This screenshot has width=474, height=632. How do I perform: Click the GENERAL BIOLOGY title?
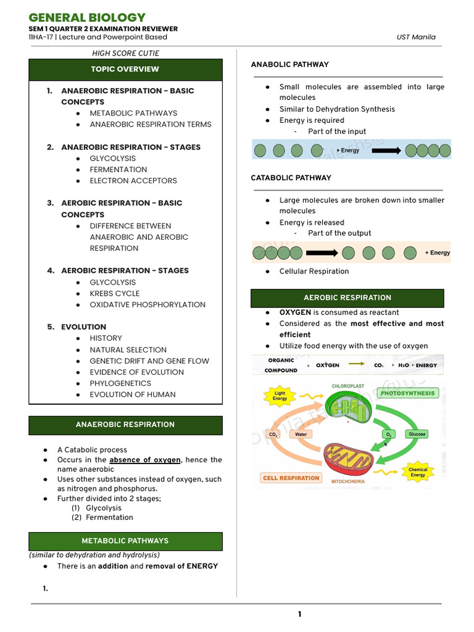[87, 17]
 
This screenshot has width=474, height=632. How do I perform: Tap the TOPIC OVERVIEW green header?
[125, 69]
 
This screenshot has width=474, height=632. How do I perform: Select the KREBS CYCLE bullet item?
[115, 293]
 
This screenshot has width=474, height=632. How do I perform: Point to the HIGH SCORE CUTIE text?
[125, 53]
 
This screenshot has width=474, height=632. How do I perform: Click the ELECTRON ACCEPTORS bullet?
[133, 181]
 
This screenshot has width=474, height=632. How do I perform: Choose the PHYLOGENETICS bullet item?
[120, 383]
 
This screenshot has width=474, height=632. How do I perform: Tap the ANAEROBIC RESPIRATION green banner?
[125, 425]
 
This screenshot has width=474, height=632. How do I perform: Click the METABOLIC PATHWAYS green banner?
[125, 541]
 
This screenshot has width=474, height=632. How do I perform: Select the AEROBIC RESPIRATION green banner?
[347, 297]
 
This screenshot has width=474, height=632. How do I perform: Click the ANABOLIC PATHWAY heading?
[289, 64]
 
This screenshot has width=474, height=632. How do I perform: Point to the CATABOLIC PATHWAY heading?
[291, 178]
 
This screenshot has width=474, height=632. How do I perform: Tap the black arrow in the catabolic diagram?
[321, 252]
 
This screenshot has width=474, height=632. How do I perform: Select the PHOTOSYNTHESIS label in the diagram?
[407, 393]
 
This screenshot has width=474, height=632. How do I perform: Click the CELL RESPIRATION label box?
[291, 478]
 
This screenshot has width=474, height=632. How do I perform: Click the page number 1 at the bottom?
[299, 614]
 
